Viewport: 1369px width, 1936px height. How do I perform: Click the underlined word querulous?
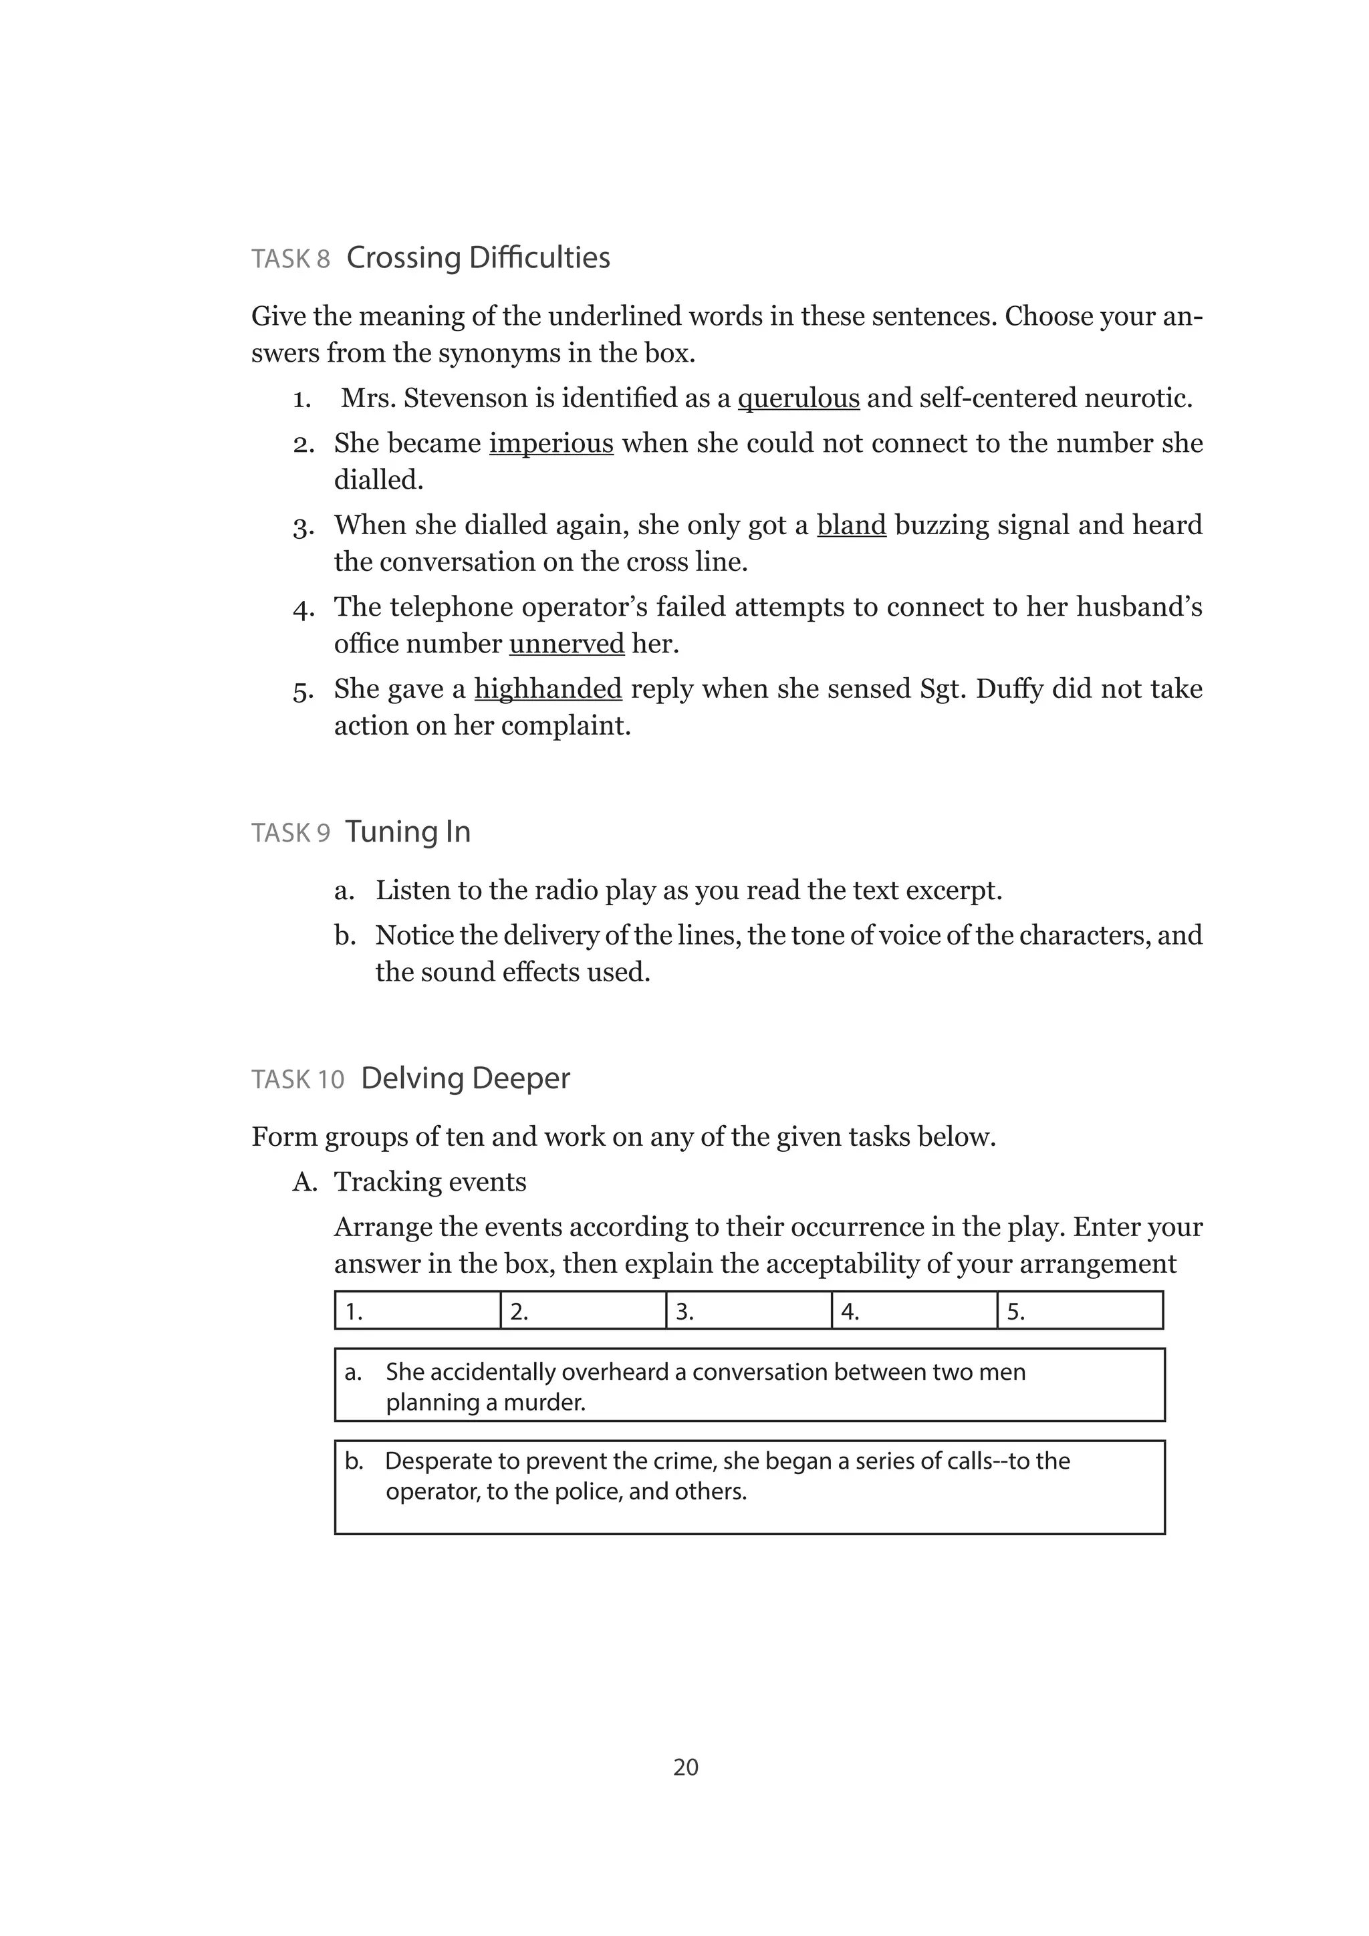(797, 398)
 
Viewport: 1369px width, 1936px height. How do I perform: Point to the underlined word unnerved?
(566, 644)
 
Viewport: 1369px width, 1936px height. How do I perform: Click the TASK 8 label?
(290, 259)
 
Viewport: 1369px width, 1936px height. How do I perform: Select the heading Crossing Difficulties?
(478, 258)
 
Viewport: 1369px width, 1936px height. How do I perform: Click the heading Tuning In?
(407, 832)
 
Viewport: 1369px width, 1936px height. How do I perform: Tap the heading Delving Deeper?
(465, 1078)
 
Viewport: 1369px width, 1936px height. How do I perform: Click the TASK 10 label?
(297, 1080)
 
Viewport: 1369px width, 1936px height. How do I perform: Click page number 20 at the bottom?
(685, 1768)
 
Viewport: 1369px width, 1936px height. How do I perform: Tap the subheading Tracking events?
(429, 1182)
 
